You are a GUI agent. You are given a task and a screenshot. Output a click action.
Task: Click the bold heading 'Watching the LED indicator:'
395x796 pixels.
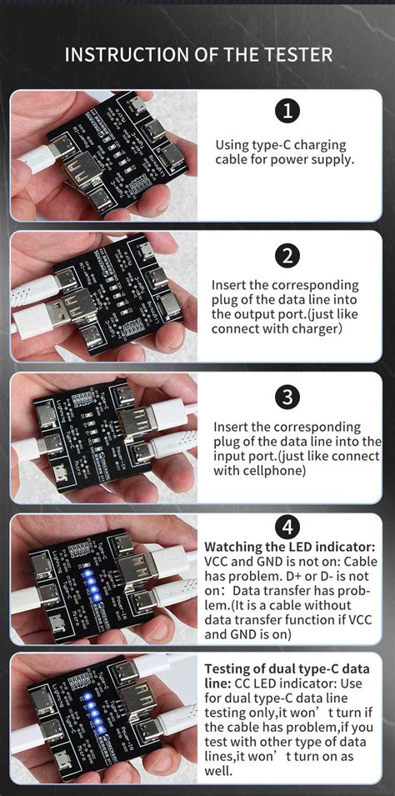[289, 547]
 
